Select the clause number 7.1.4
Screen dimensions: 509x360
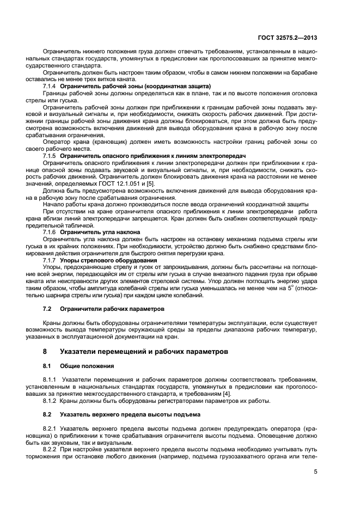pyautogui.click(x=50, y=87)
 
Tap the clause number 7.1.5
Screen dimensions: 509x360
pyautogui.click(x=50, y=156)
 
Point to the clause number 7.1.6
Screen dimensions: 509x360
pyautogui.click(x=50, y=232)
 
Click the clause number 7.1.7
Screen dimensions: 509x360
pyautogui.click(x=50, y=260)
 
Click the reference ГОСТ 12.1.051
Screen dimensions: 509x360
pyautogui.click(x=116, y=183)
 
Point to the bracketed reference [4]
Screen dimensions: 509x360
pyautogui.click(x=218, y=394)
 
